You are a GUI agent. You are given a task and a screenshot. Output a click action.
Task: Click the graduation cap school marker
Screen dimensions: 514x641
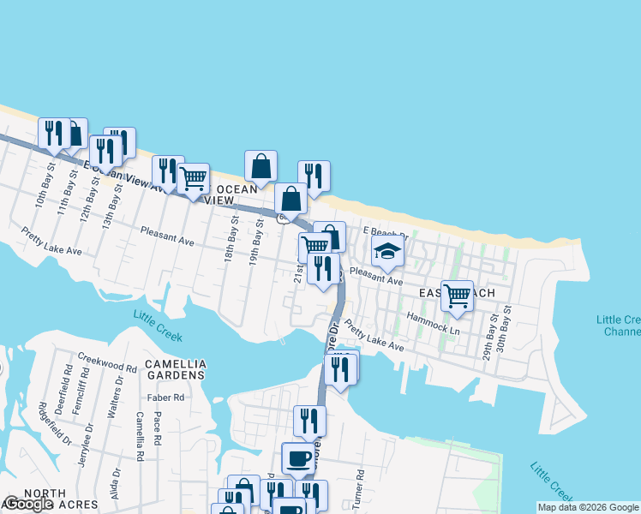387,253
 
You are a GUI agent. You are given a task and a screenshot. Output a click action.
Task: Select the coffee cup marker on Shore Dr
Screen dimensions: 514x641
298,458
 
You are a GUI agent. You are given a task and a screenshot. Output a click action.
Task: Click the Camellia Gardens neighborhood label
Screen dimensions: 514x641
175,369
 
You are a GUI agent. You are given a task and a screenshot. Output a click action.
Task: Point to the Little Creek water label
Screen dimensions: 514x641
158,326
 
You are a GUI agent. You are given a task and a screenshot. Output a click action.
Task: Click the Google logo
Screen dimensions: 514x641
28,505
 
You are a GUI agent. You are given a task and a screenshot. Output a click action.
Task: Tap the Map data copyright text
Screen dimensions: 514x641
588,507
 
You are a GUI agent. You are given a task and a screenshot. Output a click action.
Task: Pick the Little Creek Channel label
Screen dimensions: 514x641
618,326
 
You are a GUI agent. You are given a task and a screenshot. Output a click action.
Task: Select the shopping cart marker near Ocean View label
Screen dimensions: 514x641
194,180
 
